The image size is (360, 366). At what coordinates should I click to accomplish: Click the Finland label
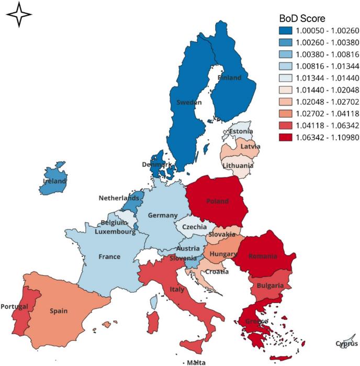pos(230,78)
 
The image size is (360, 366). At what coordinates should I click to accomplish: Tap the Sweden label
pos(188,102)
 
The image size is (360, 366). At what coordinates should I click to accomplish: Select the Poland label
pos(217,201)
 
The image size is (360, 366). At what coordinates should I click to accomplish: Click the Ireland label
pos(54,181)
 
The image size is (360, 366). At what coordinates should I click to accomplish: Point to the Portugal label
pos(14,306)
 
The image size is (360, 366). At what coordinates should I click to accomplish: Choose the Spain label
pos(59,311)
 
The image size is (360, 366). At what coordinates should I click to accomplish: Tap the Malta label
pos(196,362)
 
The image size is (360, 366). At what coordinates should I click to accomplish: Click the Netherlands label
pos(119,198)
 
